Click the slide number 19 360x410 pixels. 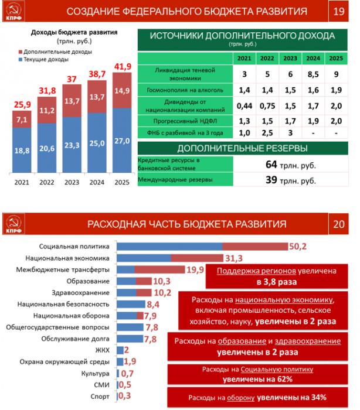(x=338, y=12)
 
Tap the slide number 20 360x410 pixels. (x=338, y=224)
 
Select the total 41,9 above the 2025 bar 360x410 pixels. (x=121, y=66)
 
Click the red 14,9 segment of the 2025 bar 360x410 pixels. (x=121, y=91)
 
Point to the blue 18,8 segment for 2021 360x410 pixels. (x=21, y=151)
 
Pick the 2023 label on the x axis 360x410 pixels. (x=72, y=182)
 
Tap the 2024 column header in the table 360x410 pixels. (x=313, y=59)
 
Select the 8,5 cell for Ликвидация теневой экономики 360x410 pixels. (x=313, y=73)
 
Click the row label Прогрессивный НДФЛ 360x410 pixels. (x=185, y=119)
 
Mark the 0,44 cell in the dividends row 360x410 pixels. (x=243, y=105)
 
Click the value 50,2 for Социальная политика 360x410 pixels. (x=298, y=247)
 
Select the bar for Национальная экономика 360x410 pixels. (x=169, y=258)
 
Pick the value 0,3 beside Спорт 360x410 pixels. (x=124, y=396)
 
